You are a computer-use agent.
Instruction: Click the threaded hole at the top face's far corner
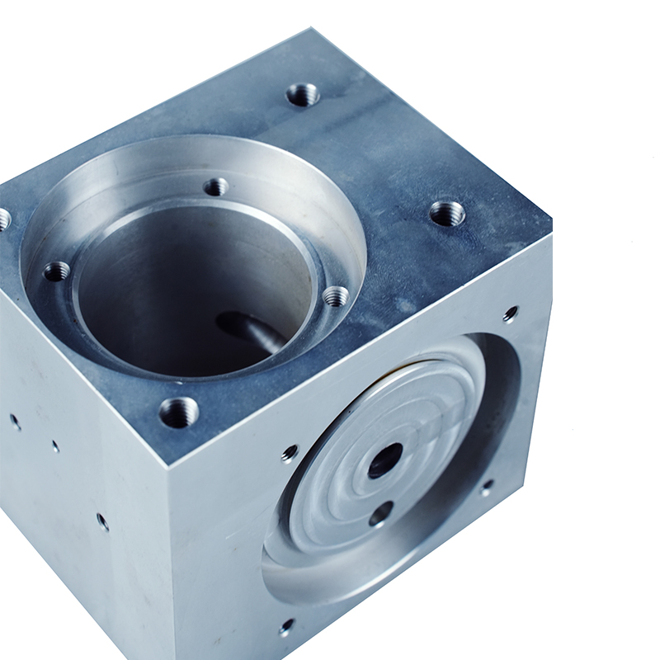303,95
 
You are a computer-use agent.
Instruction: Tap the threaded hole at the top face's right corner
447,214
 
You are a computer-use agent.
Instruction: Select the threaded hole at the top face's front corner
179,411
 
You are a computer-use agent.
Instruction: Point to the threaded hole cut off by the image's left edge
3,219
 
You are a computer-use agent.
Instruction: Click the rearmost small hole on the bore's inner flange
216,187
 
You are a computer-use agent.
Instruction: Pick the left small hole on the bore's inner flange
56,271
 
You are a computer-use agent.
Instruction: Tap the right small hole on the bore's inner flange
336,296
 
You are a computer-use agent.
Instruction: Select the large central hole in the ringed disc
385,460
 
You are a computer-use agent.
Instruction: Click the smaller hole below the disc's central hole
380,514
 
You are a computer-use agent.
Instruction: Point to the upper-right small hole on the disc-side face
511,313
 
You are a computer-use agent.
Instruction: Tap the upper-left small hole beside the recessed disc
290,452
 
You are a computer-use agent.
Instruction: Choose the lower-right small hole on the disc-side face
488,486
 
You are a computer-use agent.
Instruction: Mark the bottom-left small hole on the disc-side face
286,627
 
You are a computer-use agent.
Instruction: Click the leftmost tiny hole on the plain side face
15,421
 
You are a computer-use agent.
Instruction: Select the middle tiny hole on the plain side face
54,445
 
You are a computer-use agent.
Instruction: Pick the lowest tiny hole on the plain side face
102,521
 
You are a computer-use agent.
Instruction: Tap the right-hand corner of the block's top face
551,235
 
